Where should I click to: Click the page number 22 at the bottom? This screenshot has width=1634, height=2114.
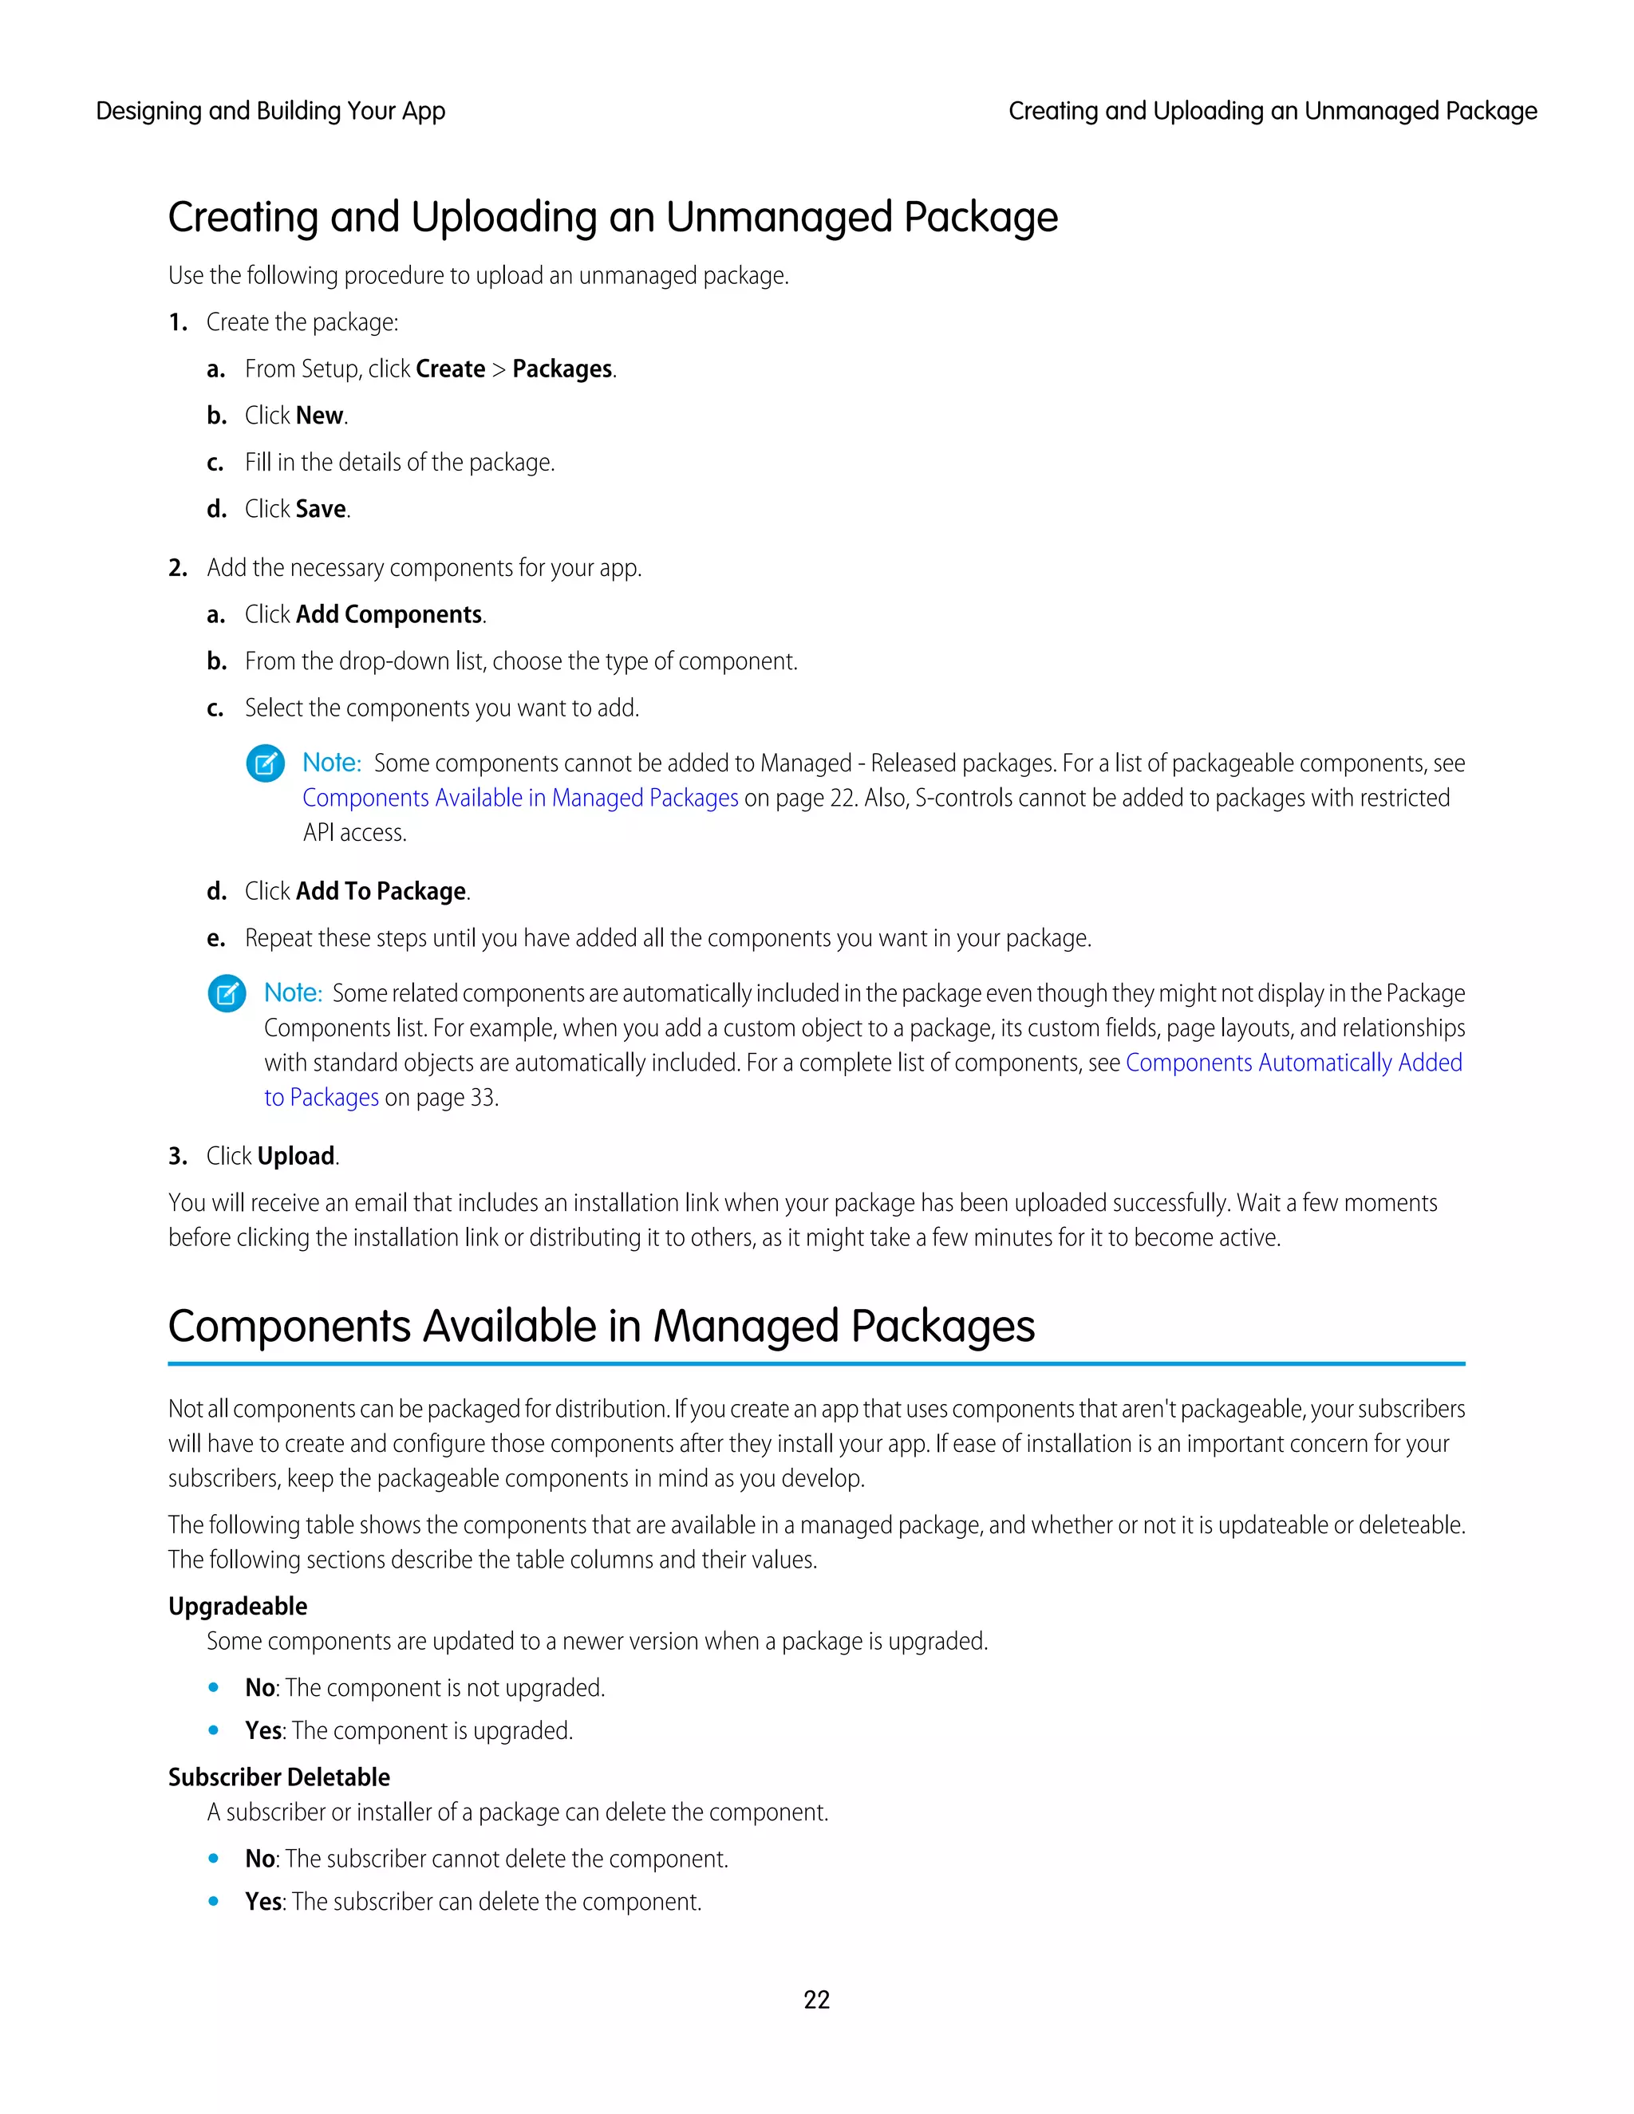point(816,1999)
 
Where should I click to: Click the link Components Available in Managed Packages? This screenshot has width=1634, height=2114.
point(520,798)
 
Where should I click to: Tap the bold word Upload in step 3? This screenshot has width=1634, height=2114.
point(296,1156)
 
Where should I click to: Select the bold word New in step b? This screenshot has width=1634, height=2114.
point(319,416)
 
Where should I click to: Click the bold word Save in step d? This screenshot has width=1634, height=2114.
point(321,509)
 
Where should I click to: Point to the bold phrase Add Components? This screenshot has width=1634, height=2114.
point(389,614)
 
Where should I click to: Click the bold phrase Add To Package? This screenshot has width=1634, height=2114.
point(381,892)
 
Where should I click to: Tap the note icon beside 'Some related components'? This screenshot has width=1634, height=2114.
point(227,994)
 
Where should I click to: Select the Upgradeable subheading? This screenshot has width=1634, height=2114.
point(237,1606)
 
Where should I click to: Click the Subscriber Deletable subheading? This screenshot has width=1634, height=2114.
point(278,1777)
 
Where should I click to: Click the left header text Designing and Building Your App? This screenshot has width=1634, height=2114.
point(270,112)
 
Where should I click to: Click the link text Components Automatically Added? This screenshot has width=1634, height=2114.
point(1293,1063)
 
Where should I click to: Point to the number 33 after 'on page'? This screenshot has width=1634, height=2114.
point(481,1098)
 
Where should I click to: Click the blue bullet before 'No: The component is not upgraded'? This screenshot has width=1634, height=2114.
point(213,1687)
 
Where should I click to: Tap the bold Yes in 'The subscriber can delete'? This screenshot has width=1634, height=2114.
point(263,1901)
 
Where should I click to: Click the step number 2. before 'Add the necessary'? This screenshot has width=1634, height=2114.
point(177,568)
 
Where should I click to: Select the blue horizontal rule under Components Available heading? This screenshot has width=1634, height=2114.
point(816,1364)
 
